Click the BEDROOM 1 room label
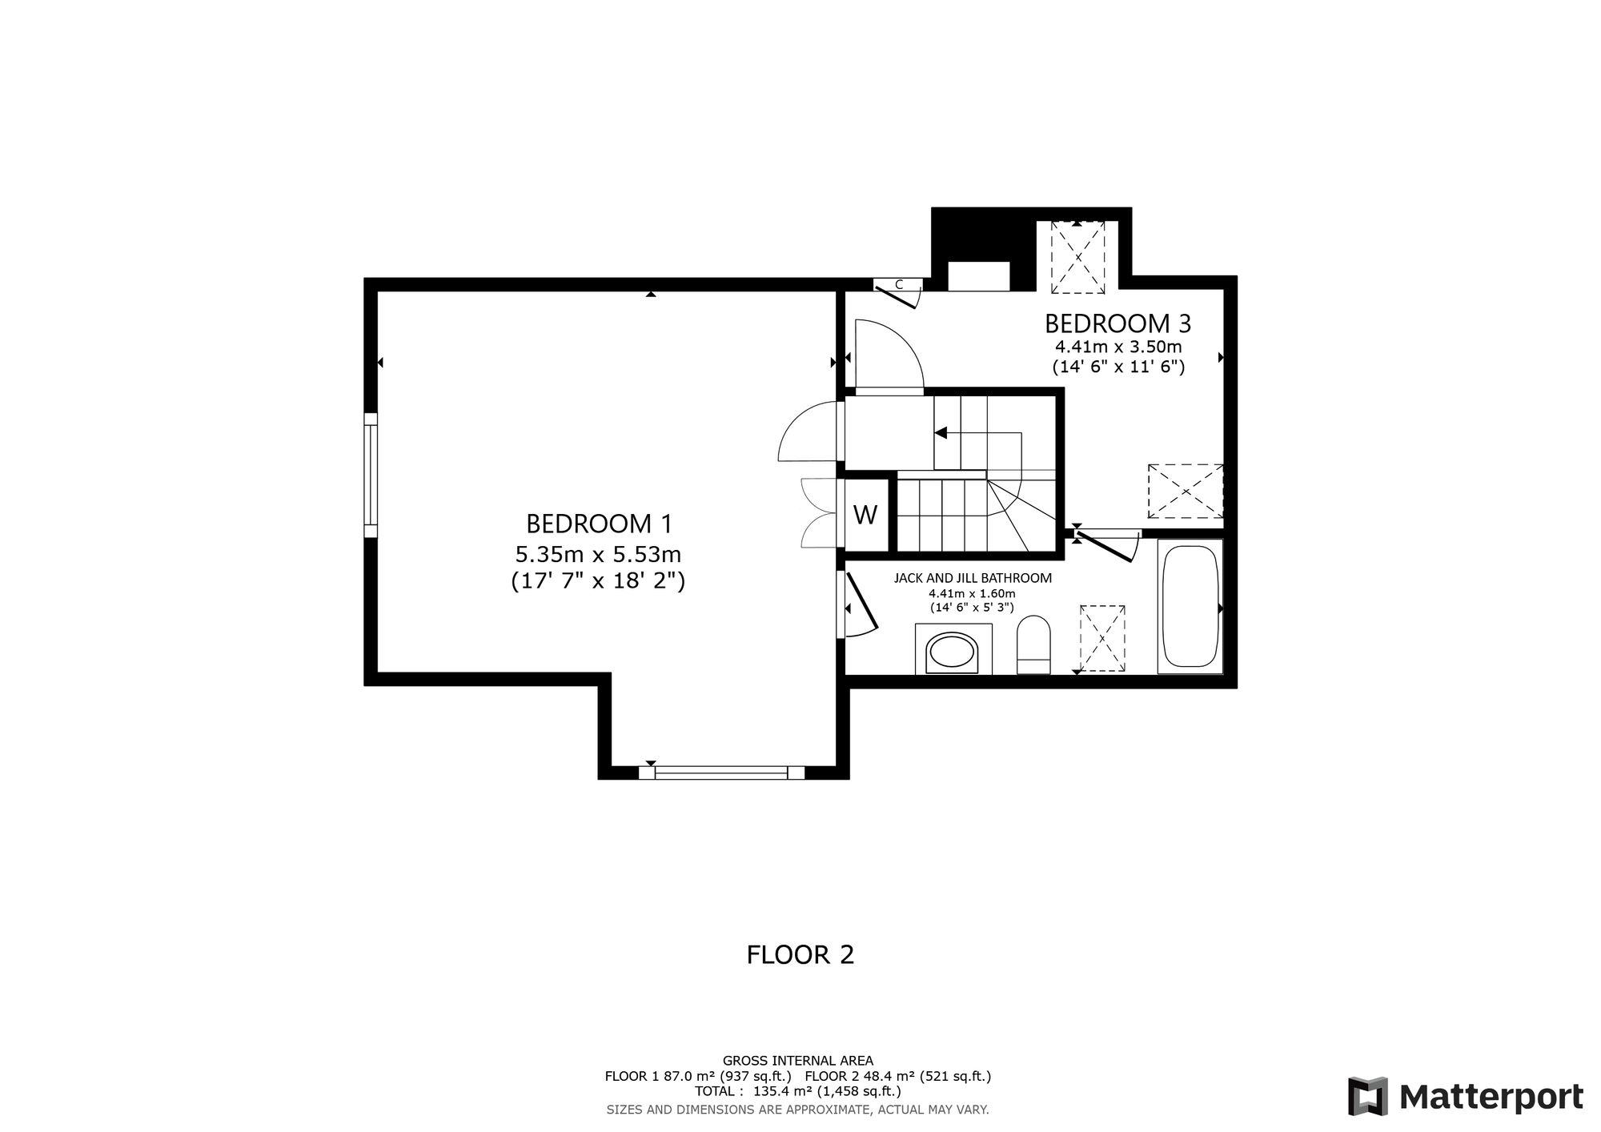[x=599, y=524]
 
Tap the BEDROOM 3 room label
[x=1117, y=323]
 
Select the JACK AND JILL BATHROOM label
[x=973, y=578]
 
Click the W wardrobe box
[x=865, y=515]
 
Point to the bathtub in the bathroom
[x=1190, y=607]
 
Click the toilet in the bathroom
[x=1033, y=644]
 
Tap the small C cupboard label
[x=899, y=284]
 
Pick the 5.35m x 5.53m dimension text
[x=598, y=553]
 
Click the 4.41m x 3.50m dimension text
[x=1118, y=347]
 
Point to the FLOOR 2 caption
[x=800, y=954]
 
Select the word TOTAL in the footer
[x=715, y=1091]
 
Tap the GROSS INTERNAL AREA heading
[x=798, y=1061]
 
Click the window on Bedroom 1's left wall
[x=371, y=476]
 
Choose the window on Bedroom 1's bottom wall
[x=721, y=773]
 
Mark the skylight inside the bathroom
[x=1102, y=638]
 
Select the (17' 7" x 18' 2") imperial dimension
[x=598, y=580]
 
